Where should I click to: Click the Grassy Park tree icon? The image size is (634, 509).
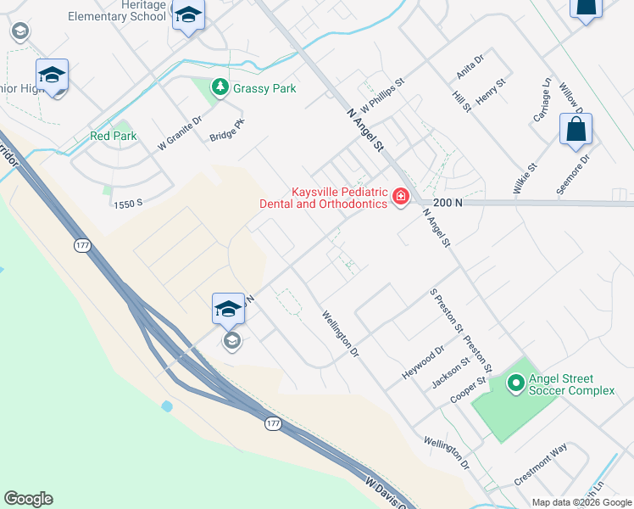pyautogui.click(x=220, y=87)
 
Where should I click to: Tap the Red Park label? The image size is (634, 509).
pyautogui.click(x=113, y=136)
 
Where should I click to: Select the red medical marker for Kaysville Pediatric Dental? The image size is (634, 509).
pyautogui.click(x=400, y=198)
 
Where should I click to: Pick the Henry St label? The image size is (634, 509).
pyautogui.click(x=490, y=91)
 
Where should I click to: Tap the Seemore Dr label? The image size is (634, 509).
pyautogui.click(x=573, y=174)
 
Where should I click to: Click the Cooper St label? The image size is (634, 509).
pyautogui.click(x=468, y=389)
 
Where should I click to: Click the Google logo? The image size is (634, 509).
pyautogui.click(x=28, y=499)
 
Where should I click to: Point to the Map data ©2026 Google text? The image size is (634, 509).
pyautogui.click(x=581, y=502)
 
